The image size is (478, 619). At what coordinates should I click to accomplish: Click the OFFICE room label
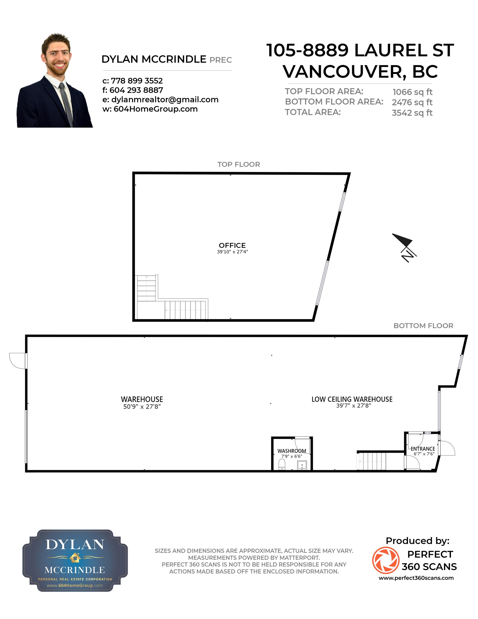click(x=232, y=245)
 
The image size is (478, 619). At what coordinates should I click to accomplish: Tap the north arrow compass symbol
click(x=404, y=247)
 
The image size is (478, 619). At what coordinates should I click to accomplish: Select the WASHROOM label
click(x=292, y=451)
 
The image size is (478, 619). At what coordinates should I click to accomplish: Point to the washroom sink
click(x=302, y=465)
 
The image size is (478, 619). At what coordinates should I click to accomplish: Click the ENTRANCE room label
click(x=423, y=449)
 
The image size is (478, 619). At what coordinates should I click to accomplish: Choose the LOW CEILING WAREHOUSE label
click(x=352, y=399)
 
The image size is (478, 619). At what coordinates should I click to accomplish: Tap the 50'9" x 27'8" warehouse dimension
click(x=142, y=406)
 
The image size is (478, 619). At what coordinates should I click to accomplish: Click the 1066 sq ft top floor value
click(x=412, y=92)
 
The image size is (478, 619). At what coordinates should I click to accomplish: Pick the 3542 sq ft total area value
click(x=412, y=113)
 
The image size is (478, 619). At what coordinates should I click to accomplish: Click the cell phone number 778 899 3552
click(x=137, y=81)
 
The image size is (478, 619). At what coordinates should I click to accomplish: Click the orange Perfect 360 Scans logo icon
click(x=386, y=560)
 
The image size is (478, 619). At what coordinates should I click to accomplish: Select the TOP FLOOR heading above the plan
click(x=238, y=164)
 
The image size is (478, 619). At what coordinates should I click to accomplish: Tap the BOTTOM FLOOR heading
click(x=423, y=326)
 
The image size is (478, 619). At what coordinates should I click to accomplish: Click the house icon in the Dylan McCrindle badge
click(x=75, y=557)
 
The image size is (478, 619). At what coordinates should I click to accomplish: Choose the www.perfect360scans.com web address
click(x=416, y=578)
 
